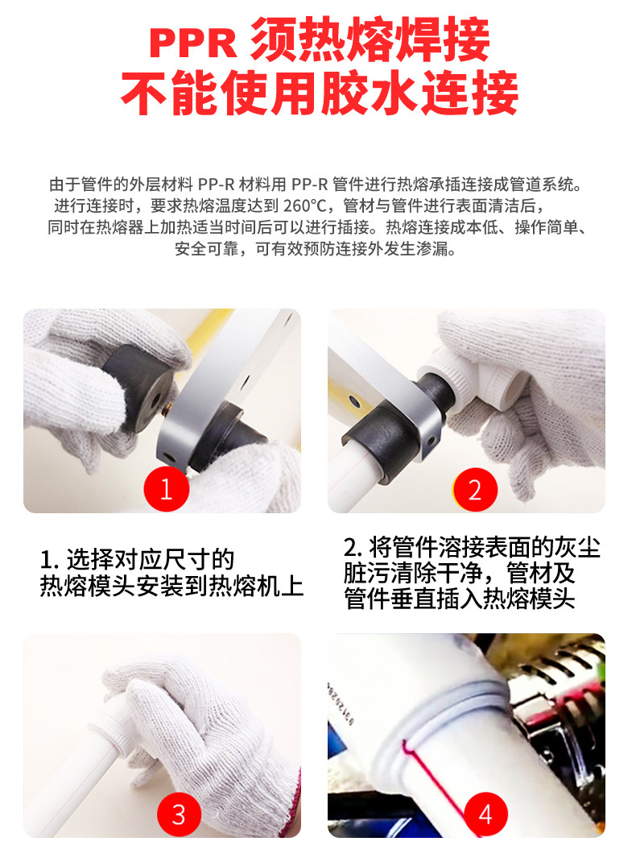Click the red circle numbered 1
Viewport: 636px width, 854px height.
coord(167,488)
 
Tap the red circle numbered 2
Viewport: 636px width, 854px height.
coord(475,489)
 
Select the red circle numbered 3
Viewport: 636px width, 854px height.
coord(179,814)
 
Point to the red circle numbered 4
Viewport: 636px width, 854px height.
coord(485,814)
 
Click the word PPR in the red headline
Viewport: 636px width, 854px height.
coord(193,43)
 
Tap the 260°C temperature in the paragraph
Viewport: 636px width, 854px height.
coord(305,206)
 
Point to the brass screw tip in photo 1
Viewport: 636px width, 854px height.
coord(167,408)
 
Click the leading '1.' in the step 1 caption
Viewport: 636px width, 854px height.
coord(49,560)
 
